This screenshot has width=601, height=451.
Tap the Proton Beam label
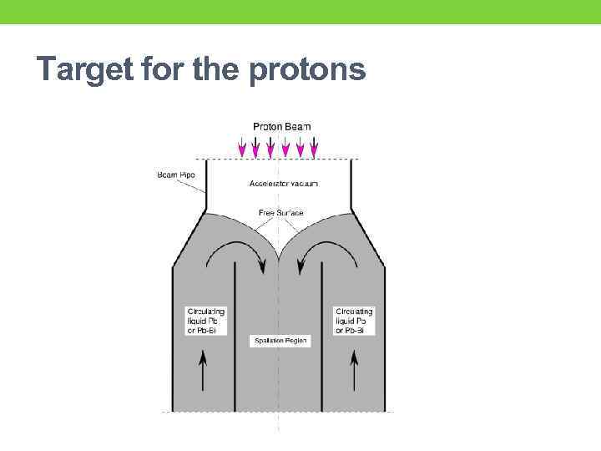(282, 126)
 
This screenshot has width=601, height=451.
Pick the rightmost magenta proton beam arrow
(314, 148)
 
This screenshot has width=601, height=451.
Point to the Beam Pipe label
(174, 175)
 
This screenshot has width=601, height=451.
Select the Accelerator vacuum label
(284, 184)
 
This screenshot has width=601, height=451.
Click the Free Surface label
(280, 213)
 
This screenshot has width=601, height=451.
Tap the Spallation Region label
(280, 341)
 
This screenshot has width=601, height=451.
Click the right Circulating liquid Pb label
(354, 321)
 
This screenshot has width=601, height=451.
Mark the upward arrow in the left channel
(203, 371)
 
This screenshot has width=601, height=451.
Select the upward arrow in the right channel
(355, 371)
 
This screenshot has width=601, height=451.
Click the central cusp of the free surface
(278, 251)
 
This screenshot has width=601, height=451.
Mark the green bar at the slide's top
(300, 12)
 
